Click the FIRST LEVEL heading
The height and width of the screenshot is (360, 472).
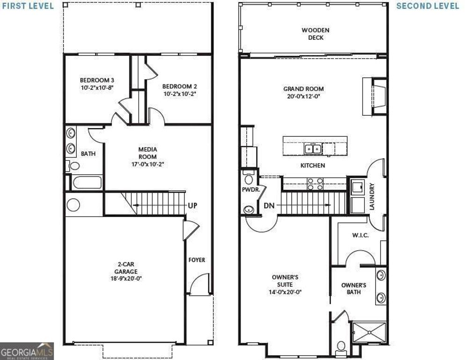coord(27,6)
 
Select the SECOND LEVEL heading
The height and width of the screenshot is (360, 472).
coord(428,6)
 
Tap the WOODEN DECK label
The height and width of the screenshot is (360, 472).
coord(315,34)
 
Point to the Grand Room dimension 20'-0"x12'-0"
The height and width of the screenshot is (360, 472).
coord(304,97)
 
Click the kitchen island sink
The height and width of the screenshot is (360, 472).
coord(312,149)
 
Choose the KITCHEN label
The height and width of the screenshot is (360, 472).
coord(312,165)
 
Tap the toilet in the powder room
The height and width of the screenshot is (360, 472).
coord(249,179)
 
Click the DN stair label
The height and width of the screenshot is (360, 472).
coord(269,205)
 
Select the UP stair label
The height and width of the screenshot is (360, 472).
coord(192,205)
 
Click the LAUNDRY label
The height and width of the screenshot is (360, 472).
coord(372,196)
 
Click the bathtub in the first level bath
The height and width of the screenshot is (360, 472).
coord(87,182)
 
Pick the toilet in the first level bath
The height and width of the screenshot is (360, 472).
coord(73,165)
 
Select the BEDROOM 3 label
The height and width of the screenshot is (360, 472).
coord(97,80)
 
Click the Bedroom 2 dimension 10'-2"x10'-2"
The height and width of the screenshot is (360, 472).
coord(180,94)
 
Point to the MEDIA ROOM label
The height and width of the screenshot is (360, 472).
coord(147,153)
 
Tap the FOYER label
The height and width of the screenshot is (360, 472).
coord(197,260)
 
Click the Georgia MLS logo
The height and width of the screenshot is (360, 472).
coord(27,351)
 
